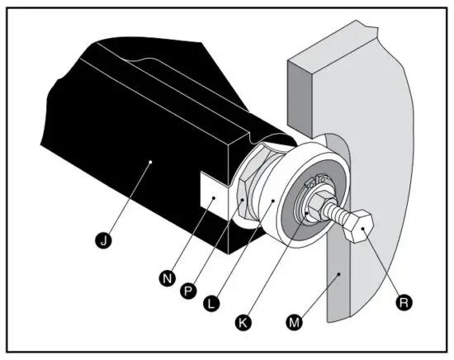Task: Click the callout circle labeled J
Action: [102, 240]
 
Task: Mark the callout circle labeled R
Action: [404, 302]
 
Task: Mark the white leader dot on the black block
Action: [149, 163]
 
